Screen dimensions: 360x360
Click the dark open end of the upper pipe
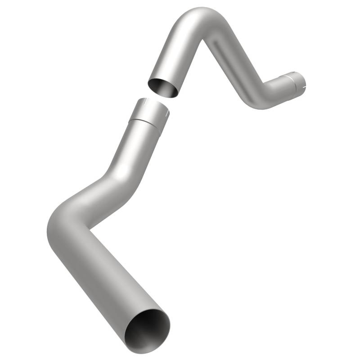(163, 87)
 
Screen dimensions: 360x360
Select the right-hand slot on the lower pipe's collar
(166, 112)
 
